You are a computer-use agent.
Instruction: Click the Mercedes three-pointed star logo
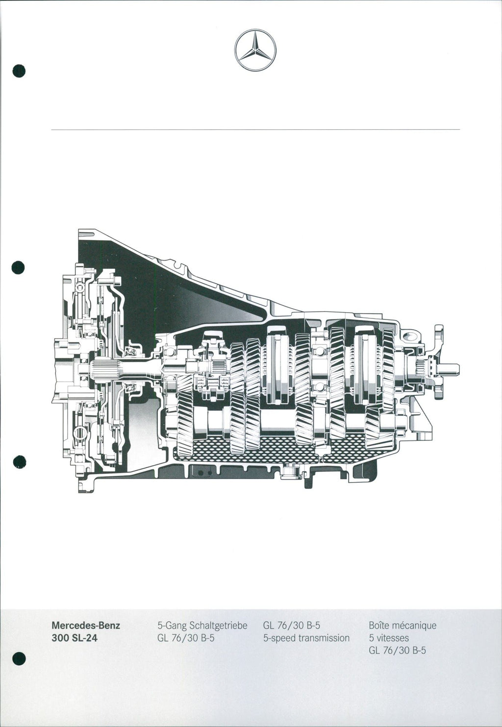click(255, 50)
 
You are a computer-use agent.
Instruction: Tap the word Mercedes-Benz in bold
click(86, 625)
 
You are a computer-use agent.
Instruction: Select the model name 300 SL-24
click(75, 638)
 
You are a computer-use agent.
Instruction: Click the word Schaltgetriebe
click(219, 626)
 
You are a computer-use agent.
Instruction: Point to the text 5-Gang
click(172, 626)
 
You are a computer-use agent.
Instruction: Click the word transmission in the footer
click(324, 638)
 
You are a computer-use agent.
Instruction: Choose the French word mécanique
click(414, 626)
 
